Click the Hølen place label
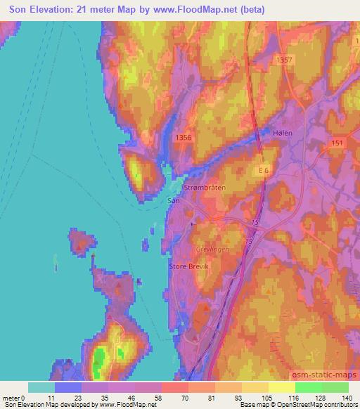point(281,132)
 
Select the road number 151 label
point(336,143)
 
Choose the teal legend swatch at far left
point(41,387)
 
